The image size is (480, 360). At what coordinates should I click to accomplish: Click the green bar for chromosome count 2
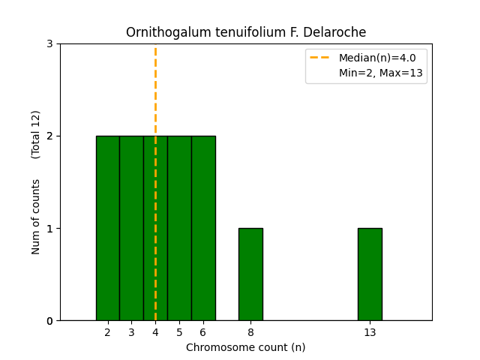click(107, 228)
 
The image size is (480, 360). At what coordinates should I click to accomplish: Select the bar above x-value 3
click(131, 228)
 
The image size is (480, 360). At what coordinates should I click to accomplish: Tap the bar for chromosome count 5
click(179, 228)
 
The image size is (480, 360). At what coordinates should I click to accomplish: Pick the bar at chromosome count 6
click(203, 228)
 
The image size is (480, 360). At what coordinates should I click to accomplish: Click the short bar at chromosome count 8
click(250, 274)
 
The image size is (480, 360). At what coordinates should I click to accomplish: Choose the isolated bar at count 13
click(370, 274)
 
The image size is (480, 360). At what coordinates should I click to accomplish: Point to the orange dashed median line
click(155, 90)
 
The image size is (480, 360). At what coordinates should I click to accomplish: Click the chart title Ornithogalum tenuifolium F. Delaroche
click(246, 32)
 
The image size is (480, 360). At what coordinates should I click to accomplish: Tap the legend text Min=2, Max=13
click(380, 73)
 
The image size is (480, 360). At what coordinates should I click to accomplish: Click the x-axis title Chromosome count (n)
click(246, 347)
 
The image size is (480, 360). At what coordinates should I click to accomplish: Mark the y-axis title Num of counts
click(36, 217)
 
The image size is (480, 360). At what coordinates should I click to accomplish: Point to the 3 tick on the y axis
click(49, 43)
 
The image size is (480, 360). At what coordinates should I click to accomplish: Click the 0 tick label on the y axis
click(49, 321)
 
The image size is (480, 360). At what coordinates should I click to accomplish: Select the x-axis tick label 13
click(370, 332)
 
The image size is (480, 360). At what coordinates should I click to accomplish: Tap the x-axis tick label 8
click(250, 332)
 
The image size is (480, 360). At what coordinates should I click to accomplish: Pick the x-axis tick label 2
click(107, 332)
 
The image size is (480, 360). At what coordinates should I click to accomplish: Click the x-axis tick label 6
click(203, 332)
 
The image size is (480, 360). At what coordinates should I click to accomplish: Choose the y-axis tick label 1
click(49, 229)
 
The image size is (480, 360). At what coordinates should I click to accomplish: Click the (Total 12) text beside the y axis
click(36, 134)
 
